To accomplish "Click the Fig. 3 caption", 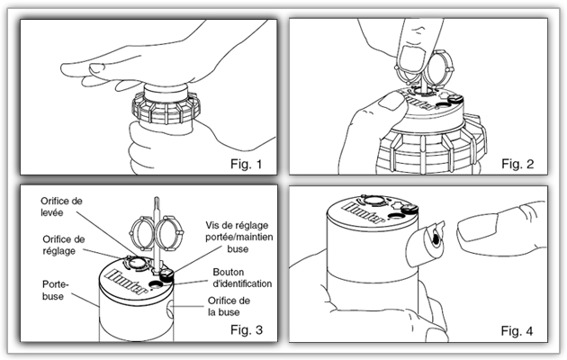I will tap(245, 330).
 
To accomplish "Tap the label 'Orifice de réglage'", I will tap(64, 245).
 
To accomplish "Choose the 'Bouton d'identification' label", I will tap(242, 277).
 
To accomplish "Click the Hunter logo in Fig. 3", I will tap(118, 274).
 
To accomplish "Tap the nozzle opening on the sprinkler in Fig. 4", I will tap(433, 238).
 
